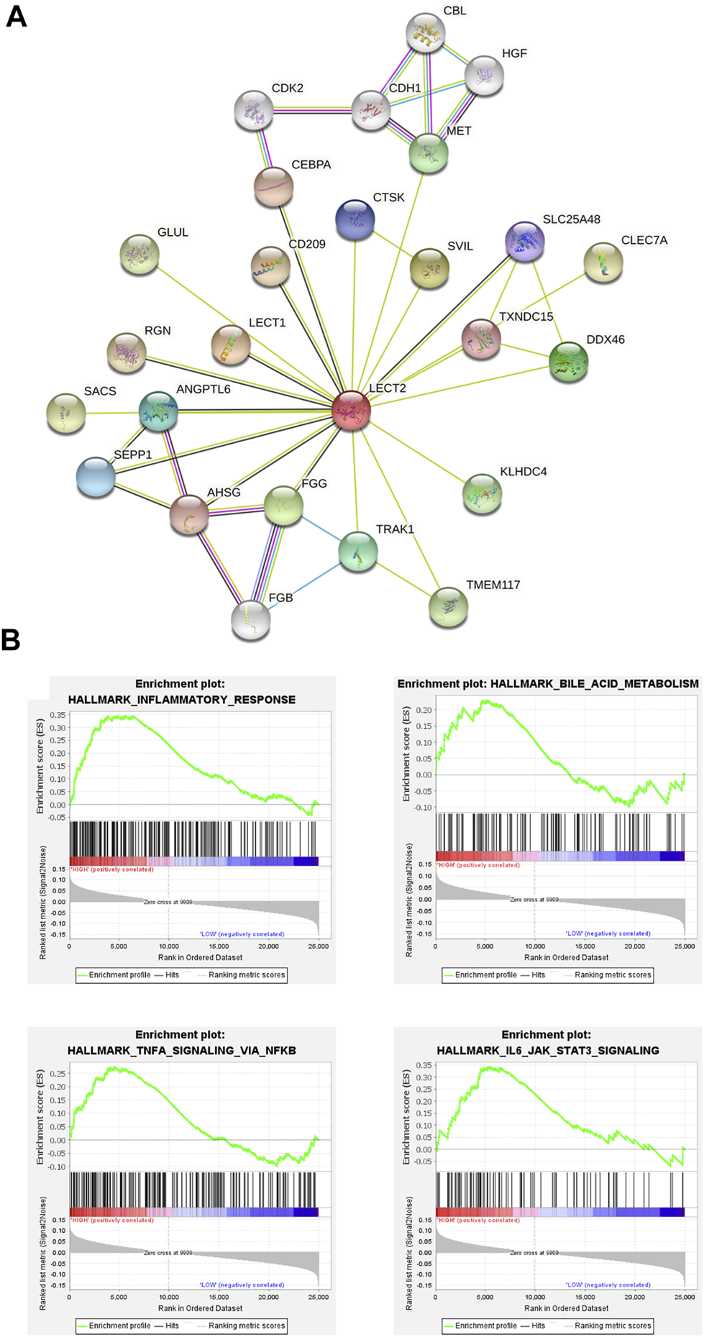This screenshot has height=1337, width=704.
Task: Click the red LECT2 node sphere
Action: click(351, 411)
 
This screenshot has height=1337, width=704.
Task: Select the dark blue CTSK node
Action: click(355, 219)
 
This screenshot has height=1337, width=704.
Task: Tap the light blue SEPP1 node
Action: click(96, 477)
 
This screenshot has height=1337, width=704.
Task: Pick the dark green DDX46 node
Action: click(568, 362)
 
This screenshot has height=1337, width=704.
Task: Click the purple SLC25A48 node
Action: click(524, 241)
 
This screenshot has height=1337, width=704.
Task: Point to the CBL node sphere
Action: click(425, 32)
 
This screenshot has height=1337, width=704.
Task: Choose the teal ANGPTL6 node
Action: click(158, 411)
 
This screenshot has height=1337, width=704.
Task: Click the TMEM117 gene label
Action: click(493, 585)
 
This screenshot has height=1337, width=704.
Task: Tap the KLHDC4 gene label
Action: click(523, 472)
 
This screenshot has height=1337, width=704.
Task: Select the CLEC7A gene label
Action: click(644, 240)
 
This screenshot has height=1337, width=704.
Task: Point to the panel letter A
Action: click(16, 15)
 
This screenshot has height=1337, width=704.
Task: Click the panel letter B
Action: click(11, 639)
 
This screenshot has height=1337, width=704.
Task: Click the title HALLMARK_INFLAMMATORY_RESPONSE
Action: click(181, 699)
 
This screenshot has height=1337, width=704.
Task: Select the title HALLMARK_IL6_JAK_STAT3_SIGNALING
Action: click(547, 1050)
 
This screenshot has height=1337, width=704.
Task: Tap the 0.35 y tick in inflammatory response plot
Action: click(57, 715)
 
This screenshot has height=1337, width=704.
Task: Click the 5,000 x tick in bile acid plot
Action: click(485, 946)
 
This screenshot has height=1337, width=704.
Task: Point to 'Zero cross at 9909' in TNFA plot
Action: click(168, 1252)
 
